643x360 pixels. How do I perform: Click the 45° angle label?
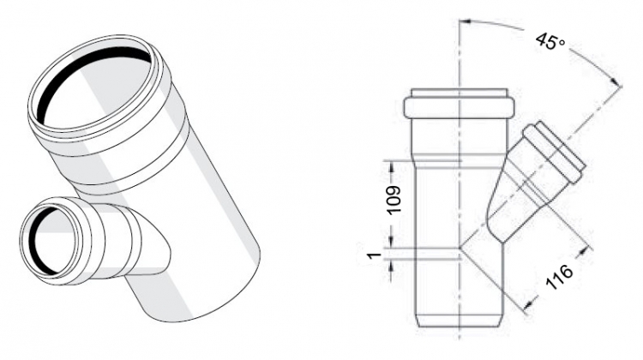click(550, 41)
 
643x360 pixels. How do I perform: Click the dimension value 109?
click(393, 200)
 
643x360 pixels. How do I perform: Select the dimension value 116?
click(559, 277)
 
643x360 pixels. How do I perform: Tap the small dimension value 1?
click(373, 255)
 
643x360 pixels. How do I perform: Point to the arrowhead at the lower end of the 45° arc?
click(616, 83)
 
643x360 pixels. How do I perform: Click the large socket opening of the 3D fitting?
click(95, 87)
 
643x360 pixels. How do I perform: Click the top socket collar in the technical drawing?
click(459, 104)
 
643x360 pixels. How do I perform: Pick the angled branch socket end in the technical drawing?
click(554, 153)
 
